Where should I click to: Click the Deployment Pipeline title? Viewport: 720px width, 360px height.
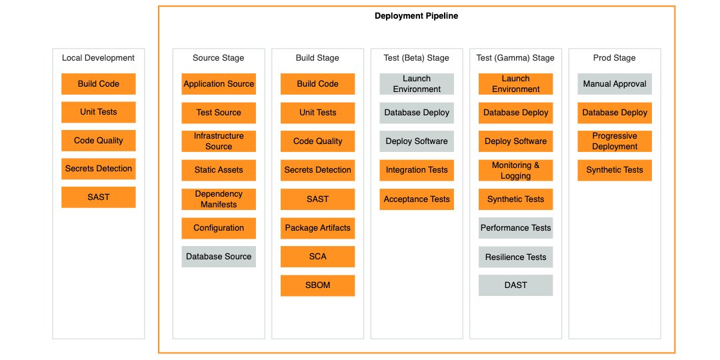tap(416, 16)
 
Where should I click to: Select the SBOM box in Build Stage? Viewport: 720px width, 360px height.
tap(317, 285)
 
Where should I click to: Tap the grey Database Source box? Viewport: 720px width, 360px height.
tap(219, 257)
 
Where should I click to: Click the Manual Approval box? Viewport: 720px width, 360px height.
tap(614, 84)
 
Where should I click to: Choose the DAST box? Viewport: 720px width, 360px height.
tap(515, 285)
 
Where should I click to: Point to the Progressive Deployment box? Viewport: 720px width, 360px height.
tap(614, 141)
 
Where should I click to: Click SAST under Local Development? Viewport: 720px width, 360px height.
tap(99, 197)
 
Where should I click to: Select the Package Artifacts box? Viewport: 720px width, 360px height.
tap(317, 228)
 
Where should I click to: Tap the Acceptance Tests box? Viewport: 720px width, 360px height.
tap(417, 199)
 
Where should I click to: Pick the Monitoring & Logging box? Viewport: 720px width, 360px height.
tap(515, 171)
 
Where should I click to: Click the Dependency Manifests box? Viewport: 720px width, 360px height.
tap(219, 199)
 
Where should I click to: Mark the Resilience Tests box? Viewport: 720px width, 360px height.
tap(515, 257)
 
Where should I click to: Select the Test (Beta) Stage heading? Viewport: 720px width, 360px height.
tap(417, 58)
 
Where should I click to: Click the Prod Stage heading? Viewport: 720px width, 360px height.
tap(614, 58)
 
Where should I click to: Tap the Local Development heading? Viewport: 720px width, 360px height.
tap(99, 58)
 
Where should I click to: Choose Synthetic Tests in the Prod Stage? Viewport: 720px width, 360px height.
tap(614, 170)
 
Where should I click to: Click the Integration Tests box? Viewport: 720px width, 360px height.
tap(417, 170)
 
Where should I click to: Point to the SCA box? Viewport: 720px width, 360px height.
tap(317, 257)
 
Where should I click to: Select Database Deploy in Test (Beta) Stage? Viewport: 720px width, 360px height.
tap(417, 113)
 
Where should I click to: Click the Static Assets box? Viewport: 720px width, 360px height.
tap(219, 170)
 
